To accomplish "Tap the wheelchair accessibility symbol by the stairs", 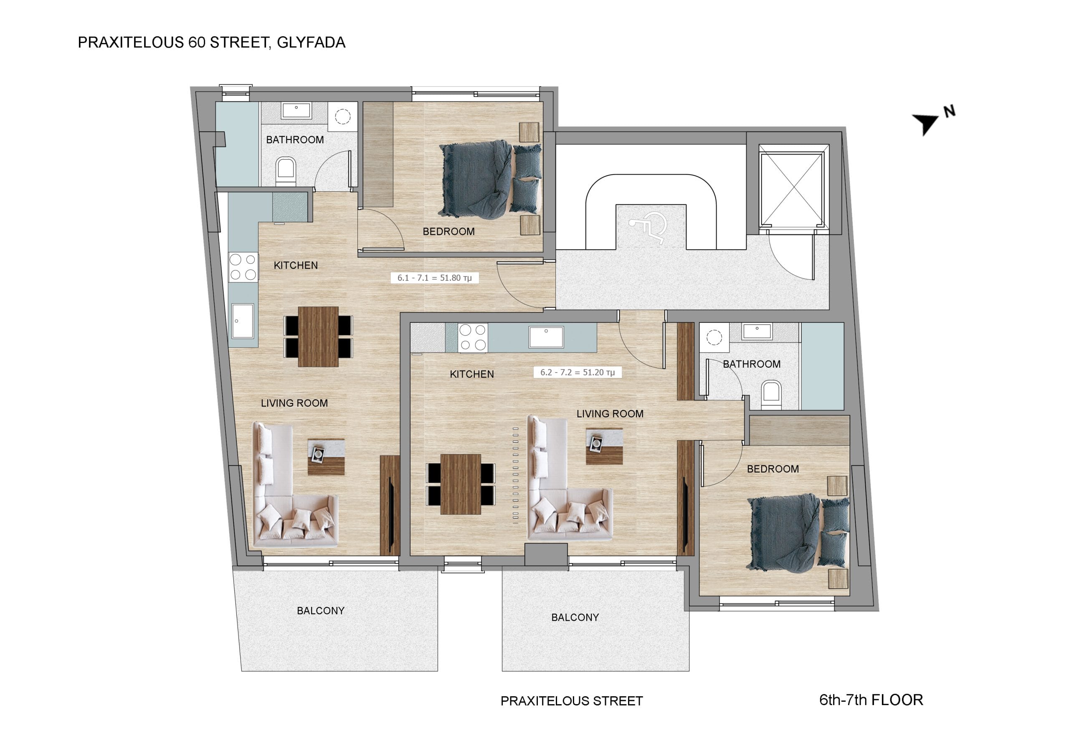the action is pos(648,227).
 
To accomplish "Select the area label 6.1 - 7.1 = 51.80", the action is pos(434,278).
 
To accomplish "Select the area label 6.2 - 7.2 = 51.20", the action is pos(578,372).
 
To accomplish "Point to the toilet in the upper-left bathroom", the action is pos(286,171).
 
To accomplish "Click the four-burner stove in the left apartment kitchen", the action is pos(243,267).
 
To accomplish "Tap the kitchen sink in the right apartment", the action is pos(546,337).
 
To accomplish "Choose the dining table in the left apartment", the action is pos(318,336).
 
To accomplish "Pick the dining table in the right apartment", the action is pos(461,484).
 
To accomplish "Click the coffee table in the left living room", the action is pos(326,457).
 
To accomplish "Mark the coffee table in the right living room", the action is pos(604,446).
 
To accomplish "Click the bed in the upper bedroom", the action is pos(490,179).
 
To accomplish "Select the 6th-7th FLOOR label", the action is pos(871,700).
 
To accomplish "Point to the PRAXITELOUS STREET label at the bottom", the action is pos(571,701).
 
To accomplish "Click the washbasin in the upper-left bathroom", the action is pos(296,111).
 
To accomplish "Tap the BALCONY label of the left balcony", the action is pos(321,611).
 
